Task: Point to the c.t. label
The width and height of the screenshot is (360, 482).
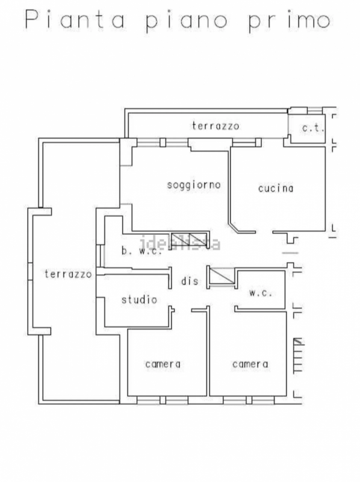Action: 313,128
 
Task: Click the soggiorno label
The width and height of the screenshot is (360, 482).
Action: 194,185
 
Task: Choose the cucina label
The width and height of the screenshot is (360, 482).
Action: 276,188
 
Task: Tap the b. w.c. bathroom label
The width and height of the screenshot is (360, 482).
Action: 141,251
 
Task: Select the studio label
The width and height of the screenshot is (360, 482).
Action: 139,299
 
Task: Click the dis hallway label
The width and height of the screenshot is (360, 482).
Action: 190,281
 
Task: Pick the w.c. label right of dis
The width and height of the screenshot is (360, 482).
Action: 261,293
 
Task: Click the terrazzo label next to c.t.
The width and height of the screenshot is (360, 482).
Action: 216,126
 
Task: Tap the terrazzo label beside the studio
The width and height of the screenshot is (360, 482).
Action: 67,274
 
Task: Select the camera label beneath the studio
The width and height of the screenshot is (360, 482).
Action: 163,364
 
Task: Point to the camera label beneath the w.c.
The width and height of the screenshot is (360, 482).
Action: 250,364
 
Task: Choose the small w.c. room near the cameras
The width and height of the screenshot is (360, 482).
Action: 261,290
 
